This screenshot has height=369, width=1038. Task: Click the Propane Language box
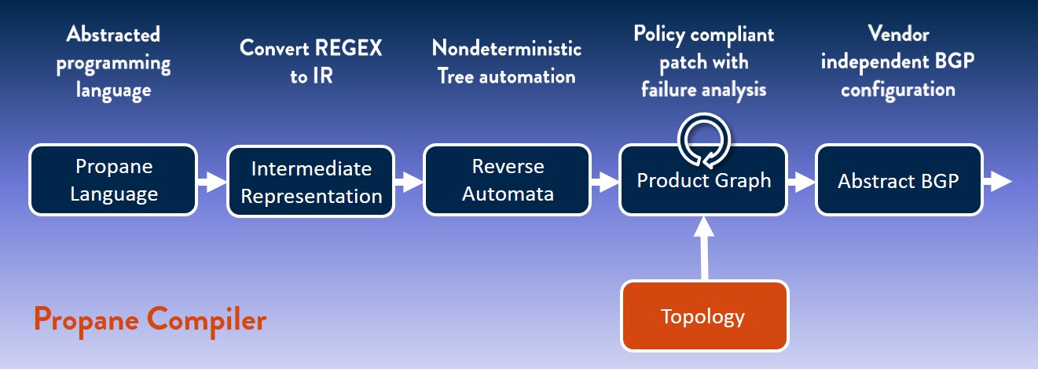click(113, 179)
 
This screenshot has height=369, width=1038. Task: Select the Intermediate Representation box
click(311, 182)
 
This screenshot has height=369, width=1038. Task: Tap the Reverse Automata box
click(508, 179)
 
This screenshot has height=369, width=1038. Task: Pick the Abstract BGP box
click(899, 179)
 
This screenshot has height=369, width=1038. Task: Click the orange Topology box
click(704, 316)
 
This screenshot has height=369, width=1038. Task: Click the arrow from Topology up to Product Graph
click(704, 249)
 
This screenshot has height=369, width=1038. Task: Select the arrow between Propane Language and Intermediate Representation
click(212, 182)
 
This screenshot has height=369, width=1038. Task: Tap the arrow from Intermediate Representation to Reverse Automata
click(409, 182)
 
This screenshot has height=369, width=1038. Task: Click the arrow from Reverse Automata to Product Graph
click(605, 182)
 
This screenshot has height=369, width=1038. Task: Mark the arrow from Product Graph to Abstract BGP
click(801, 182)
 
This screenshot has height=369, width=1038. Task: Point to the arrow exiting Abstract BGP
click(998, 182)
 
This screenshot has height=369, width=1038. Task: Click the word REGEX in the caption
click(348, 48)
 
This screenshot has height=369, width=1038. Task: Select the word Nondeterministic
click(507, 48)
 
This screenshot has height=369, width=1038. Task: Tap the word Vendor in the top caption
click(898, 34)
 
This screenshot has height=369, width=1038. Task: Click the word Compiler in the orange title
click(207, 320)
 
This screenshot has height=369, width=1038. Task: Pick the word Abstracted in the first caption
click(113, 35)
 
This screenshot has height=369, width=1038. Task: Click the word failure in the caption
click(668, 89)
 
